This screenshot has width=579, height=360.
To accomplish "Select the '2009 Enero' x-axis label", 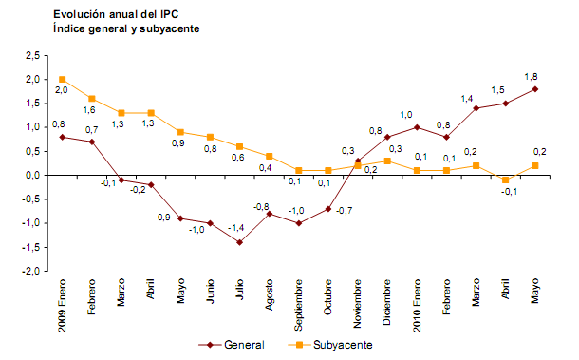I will coord(62,304).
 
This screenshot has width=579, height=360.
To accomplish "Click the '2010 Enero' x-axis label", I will coord(418,304).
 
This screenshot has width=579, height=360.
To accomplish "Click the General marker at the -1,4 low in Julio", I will coord(240,242).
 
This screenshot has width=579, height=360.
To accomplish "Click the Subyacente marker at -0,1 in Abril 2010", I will coord(507,180).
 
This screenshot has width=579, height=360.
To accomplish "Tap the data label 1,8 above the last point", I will coord(532,76).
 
